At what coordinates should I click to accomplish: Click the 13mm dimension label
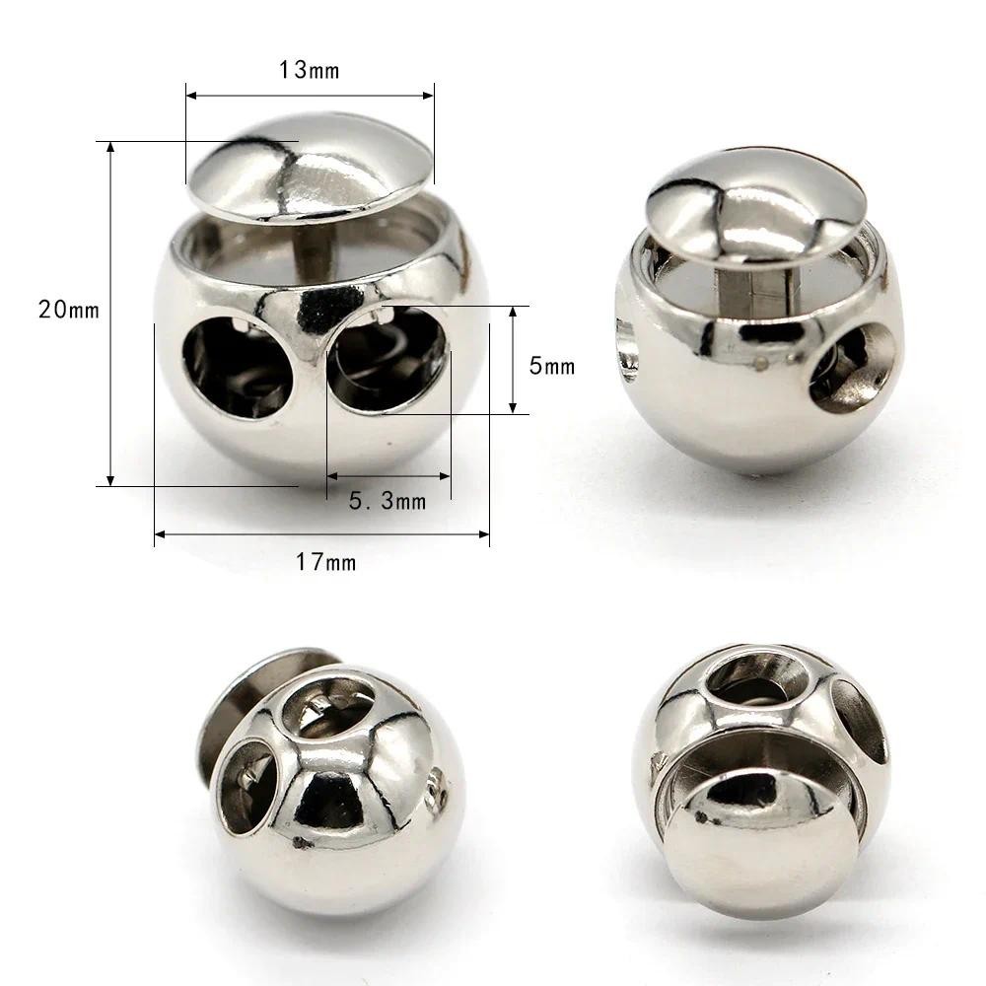[x=309, y=70]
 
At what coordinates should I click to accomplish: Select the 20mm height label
[x=69, y=310]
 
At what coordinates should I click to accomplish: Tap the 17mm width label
[x=325, y=562]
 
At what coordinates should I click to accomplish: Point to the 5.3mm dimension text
[x=387, y=501]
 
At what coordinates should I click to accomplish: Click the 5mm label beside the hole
[x=552, y=366]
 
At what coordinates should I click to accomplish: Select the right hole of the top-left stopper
[x=387, y=359]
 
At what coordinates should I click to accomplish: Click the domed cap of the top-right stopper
[x=756, y=206]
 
